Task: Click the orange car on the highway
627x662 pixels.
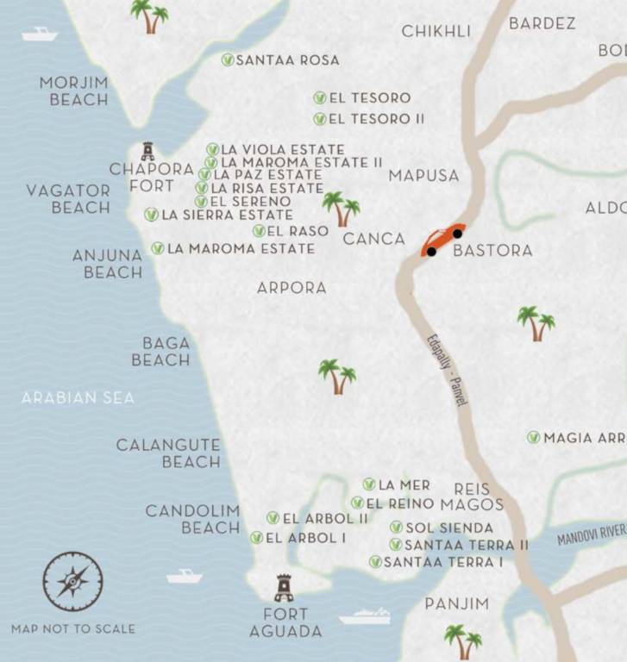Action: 442,240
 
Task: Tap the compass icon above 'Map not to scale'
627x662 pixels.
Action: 73,582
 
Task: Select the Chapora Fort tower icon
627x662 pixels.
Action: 148,151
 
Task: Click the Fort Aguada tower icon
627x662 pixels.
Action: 284,588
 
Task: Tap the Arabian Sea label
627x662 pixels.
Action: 78,398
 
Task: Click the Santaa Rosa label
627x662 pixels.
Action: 287,60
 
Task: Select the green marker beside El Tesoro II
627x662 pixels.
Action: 320,119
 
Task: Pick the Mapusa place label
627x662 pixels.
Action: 423,176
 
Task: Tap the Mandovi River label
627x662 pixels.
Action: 591,534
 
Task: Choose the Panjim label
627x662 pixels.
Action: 457,603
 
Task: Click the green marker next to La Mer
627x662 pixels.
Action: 369,484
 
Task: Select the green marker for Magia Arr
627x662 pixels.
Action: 534,438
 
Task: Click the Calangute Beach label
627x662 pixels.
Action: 168,453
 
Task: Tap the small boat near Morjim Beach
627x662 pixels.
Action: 39,34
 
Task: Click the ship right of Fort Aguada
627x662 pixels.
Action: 365,616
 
